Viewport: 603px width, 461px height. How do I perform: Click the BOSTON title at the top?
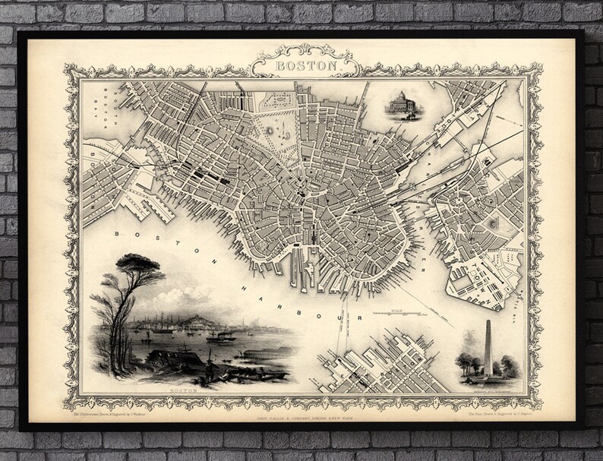pyautogui.click(x=301, y=66)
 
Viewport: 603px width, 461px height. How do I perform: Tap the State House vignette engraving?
pyautogui.click(x=399, y=104)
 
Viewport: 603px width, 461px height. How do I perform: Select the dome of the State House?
pyautogui.click(x=399, y=95)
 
